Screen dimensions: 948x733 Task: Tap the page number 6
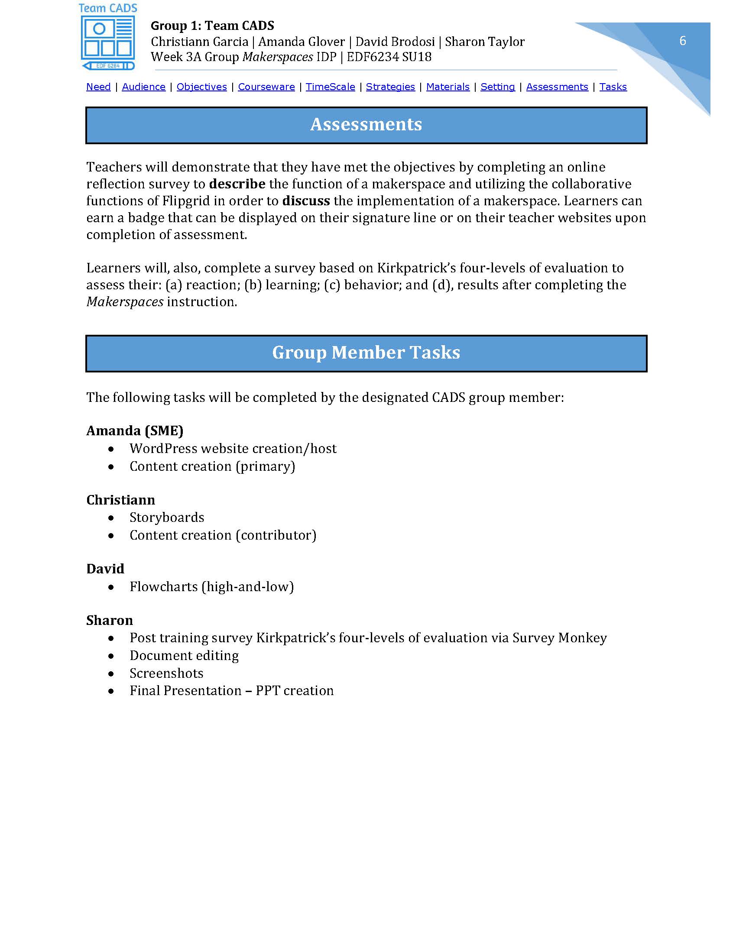(x=682, y=41)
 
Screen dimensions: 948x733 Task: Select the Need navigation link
(x=99, y=87)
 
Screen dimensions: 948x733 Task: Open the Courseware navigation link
(x=266, y=87)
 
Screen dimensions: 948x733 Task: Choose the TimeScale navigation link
(x=330, y=87)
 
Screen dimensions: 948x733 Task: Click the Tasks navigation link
(x=613, y=87)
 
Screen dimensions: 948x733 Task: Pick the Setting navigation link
(x=498, y=87)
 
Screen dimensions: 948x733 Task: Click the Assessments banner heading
(x=366, y=125)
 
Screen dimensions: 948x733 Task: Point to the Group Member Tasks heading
(x=366, y=353)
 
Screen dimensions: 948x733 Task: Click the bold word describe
(x=237, y=184)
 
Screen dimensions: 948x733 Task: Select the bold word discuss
(x=306, y=201)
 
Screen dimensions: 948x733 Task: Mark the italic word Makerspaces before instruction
(x=125, y=302)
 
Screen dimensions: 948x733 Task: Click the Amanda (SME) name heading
(x=135, y=430)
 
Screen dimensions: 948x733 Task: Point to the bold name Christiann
(x=120, y=500)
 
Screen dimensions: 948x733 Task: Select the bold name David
(x=105, y=569)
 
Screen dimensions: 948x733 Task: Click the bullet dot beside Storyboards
(x=112, y=518)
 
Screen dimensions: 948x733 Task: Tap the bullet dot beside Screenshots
(x=112, y=674)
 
